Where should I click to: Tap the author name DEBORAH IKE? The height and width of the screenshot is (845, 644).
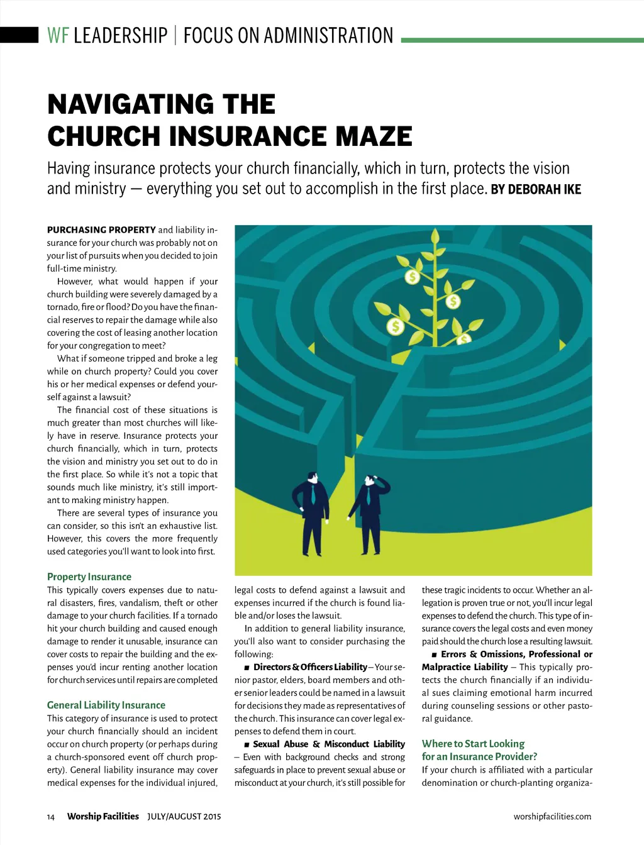click(x=544, y=189)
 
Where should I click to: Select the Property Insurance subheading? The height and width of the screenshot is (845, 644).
click(x=89, y=577)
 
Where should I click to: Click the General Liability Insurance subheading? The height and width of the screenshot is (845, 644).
click(x=106, y=705)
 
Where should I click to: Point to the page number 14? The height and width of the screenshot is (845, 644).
click(x=51, y=817)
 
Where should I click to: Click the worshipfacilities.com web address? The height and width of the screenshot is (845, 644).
click(x=552, y=817)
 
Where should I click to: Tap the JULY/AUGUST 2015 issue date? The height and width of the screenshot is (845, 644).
click(x=184, y=817)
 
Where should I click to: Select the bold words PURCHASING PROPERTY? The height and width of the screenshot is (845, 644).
click(x=101, y=229)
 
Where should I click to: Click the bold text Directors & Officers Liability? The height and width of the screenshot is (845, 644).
click(x=310, y=666)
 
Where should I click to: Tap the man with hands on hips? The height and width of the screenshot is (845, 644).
click(x=313, y=516)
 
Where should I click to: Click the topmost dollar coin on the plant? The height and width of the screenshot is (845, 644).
click(x=413, y=276)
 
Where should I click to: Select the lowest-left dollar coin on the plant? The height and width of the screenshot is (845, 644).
click(x=396, y=326)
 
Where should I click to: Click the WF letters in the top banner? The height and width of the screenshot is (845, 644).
click(x=58, y=35)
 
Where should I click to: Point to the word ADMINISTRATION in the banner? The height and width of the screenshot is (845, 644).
click(x=328, y=35)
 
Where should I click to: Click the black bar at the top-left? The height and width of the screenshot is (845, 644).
click(x=19, y=35)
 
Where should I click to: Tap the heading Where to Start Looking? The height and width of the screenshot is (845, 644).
click(x=473, y=743)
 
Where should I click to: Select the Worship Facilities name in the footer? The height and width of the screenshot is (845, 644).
click(x=103, y=816)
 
